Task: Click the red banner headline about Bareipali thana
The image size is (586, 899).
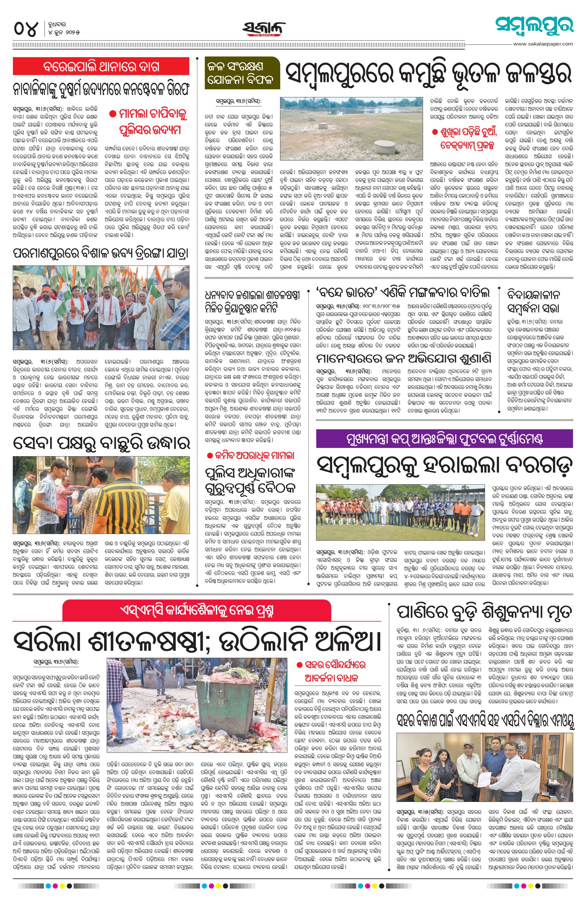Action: pyautogui.click(x=101, y=66)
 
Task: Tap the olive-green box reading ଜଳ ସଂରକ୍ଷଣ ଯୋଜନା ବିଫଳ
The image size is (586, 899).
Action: pyautogui.click(x=242, y=73)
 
